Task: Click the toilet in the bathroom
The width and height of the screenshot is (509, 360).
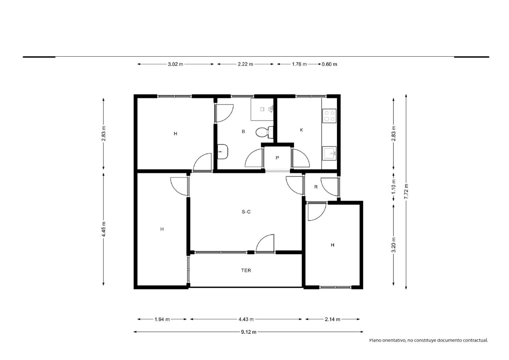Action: point(264,132)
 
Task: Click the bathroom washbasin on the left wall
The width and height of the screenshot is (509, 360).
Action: point(222,152)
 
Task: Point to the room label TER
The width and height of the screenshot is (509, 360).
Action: point(246,271)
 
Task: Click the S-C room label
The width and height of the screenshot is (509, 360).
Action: point(246,212)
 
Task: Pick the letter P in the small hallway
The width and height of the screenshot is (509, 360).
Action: point(277,158)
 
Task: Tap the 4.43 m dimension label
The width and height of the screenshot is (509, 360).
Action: point(246,319)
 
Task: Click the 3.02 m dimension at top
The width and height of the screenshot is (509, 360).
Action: point(175,64)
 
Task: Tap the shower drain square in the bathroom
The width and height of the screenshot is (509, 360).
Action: point(262,109)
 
